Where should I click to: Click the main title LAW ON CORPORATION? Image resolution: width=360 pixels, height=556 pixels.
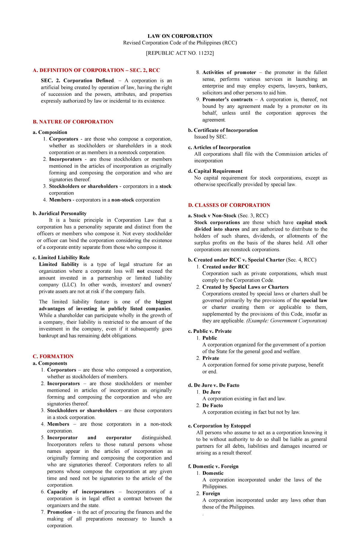click(x=180, y=36)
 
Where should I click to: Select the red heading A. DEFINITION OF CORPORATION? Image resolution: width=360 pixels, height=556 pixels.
click(x=96, y=70)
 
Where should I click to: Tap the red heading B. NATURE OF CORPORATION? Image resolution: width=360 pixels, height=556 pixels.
click(x=73, y=122)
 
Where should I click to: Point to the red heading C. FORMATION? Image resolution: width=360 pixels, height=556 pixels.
click(x=53, y=356)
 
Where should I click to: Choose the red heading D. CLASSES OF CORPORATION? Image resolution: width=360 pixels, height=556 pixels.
click(x=229, y=205)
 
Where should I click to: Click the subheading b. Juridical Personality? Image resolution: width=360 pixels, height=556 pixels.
click(x=59, y=213)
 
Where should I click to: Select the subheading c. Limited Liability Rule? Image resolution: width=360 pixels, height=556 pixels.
click(x=61, y=257)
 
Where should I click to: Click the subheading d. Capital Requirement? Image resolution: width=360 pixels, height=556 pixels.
click(x=215, y=171)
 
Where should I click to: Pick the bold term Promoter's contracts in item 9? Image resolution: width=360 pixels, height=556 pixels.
click(x=227, y=100)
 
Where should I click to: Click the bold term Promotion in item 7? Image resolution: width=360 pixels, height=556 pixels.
click(x=59, y=512)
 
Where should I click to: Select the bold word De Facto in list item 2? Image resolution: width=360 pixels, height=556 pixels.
click(x=212, y=405)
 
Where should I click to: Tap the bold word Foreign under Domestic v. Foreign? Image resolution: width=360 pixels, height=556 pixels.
click(x=211, y=493)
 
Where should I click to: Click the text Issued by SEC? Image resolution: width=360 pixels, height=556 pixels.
click(x=211, y=137)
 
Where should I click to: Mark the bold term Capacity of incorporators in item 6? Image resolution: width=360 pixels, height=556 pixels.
click(x=80, y=492)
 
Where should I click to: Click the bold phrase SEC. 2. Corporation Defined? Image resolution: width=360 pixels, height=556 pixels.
click(x=77, y=81)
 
